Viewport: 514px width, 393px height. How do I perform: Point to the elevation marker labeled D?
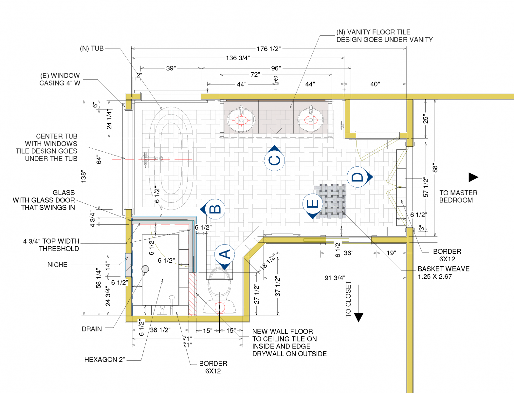pos(358,177)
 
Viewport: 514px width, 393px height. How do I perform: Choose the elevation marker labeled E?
pos(313,205)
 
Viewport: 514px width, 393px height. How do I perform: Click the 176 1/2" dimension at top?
pos(268,49)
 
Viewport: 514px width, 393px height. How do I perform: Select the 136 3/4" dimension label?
pos(238,58)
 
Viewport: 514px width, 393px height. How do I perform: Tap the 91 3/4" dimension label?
pos(335,278)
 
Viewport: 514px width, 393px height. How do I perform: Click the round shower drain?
pos(145,269)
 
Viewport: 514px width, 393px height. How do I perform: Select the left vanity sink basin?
pos(241,120)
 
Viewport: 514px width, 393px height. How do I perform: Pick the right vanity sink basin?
pos(310,120)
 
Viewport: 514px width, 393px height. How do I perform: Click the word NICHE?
pos(57,265)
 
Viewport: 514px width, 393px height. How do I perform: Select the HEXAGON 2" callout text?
pos(104,360)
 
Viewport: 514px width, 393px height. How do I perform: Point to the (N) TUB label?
pos(92,48)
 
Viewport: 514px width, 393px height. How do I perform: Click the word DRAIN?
pos(92,329)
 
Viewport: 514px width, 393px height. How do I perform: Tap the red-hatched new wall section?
pos(193,294)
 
